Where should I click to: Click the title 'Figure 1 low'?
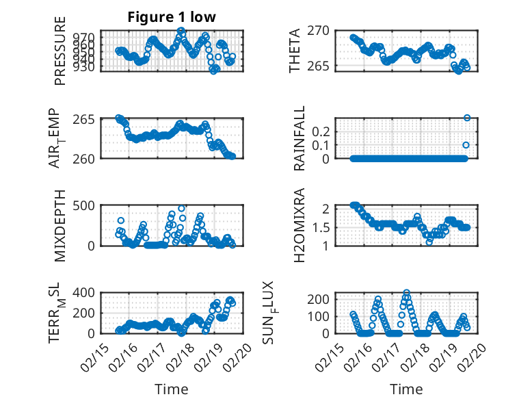tap(172, 17)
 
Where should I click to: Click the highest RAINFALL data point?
tap(467, 118)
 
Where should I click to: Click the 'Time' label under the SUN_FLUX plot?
tap(406, 389)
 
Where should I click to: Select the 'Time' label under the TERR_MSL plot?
tap(172, 389)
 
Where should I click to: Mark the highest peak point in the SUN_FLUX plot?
tap(407, 293)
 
